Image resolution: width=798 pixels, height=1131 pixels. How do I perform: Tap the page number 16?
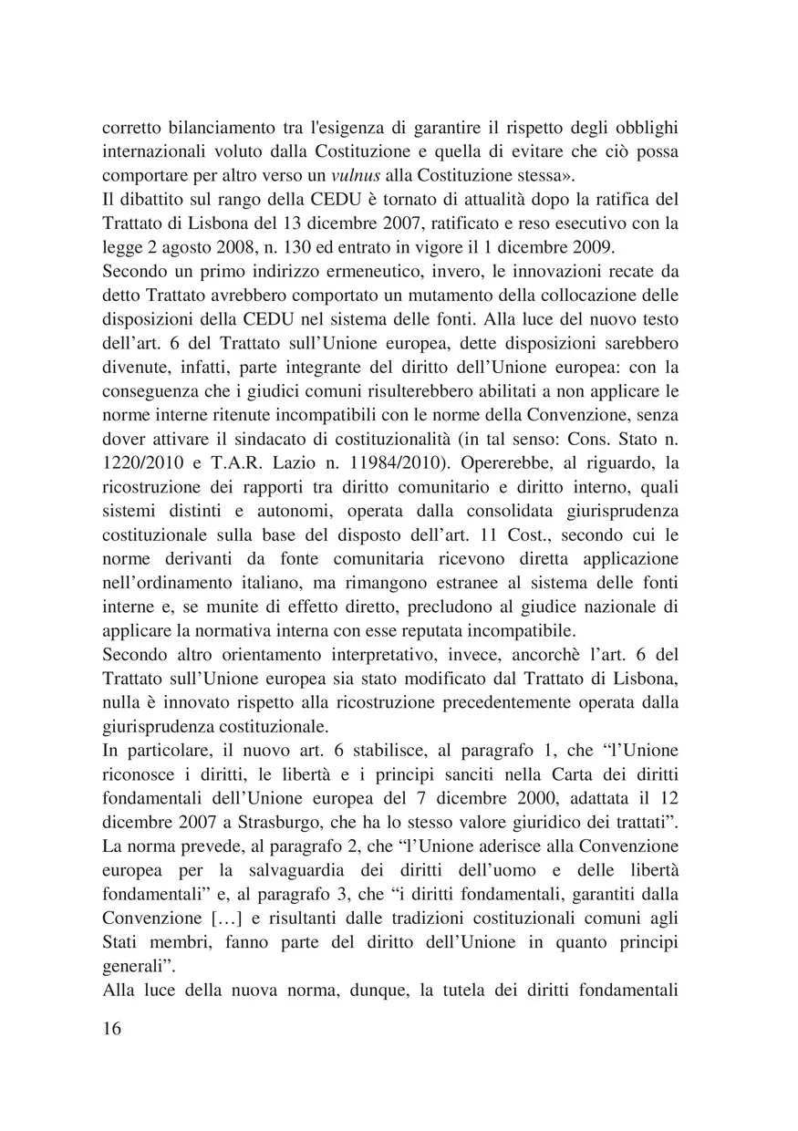click(x=111, y=1029)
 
